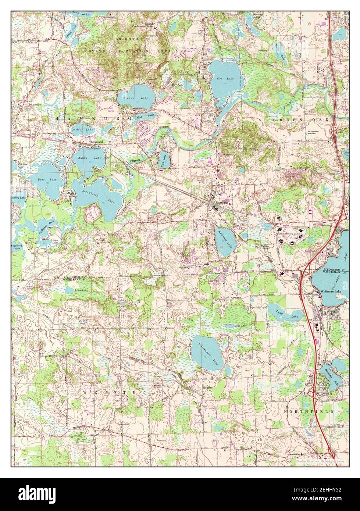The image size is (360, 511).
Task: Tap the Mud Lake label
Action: coord(240,326)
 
